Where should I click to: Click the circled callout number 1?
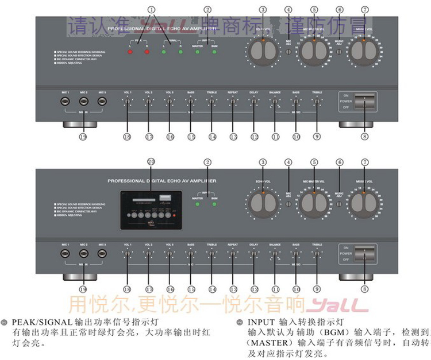pyautogui.click(x=152, y=10)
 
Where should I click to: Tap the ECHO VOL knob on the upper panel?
pyautogui.click(x=263, y=52)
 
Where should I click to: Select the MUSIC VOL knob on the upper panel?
pyautogui.click(x=364, y=52)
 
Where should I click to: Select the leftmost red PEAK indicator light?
pyautogui.click(x=130, y=52)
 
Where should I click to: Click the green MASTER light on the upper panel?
pyautogui.click(x=197, y=52)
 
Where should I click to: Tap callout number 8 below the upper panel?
pyautogui.click(x=364, y=137)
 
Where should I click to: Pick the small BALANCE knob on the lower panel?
pyautogui.click(x=275, y=253)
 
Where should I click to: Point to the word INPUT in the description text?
pyautogui.click(x=261, y=323)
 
